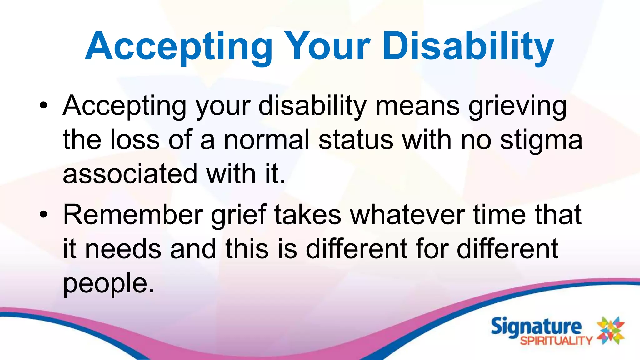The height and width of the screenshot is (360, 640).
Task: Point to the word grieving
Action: coord(517,106)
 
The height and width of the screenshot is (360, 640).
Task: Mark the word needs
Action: coord(123,249)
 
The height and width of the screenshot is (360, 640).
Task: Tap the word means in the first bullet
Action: coord(417,106)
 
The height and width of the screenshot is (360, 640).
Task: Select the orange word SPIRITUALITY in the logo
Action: coord(556,340)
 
